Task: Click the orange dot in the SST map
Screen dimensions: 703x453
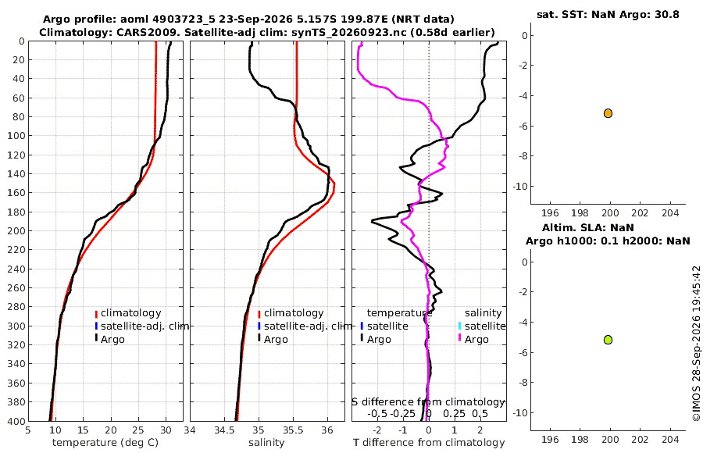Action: (x=608, y=113)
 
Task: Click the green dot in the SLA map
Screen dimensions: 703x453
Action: (x=608, y=340)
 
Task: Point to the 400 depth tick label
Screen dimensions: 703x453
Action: (x=17, y=421)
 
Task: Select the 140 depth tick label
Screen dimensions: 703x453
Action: (x=17, y=173)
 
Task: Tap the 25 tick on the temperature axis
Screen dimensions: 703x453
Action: (x=138, y=430)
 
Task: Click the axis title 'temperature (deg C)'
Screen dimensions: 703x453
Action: (x=105, y=443)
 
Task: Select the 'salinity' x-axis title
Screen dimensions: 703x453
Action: (x=266, y=443)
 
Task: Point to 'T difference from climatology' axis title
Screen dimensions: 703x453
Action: (x=429, y=443)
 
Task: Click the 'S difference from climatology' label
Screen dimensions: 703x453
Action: (x=428, y=402)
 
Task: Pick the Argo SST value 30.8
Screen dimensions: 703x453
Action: (x=669, y=14)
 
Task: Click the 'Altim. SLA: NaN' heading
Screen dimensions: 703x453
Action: (x=588, y=227)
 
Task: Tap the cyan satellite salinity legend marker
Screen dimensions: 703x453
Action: (x=459, y=326)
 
